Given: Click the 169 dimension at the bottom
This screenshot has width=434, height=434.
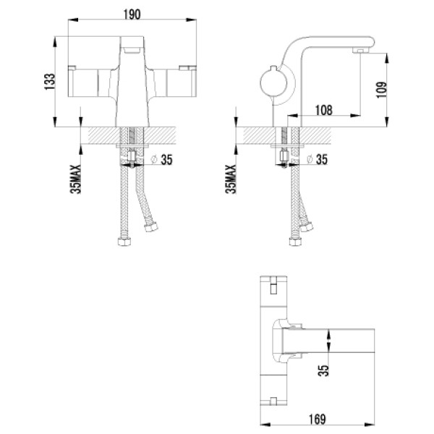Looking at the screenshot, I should pyautogui.click(x=323, y=419).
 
